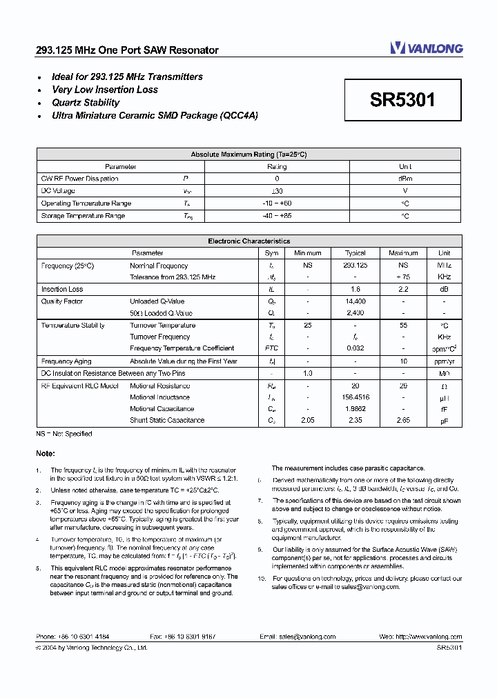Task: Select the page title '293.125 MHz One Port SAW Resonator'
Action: (x=127, y=50)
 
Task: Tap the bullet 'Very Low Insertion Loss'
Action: (x=105, y=90)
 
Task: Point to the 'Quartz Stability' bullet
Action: (x=86, y=103)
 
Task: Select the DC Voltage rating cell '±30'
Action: (x=277, y=191)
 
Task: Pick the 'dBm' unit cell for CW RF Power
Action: (x=405, y=179)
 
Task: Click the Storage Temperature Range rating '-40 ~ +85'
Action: (x=277, y=216)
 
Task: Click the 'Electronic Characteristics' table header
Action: (x=249, y=241)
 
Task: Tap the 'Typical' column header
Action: (x=355, y=253)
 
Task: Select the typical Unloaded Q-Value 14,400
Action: (x=355, y=301)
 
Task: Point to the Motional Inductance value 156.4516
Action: (x=355, y=397)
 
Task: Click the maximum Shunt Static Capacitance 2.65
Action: (x=403, y=420)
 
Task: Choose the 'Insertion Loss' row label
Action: (x=62, y=290)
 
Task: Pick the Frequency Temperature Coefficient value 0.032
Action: (x=355, y=348)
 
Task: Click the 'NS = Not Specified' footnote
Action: (x=64, y=434)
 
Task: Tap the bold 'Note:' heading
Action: (x=46, y=453)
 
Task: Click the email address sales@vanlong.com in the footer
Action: (x=307, y=637)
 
